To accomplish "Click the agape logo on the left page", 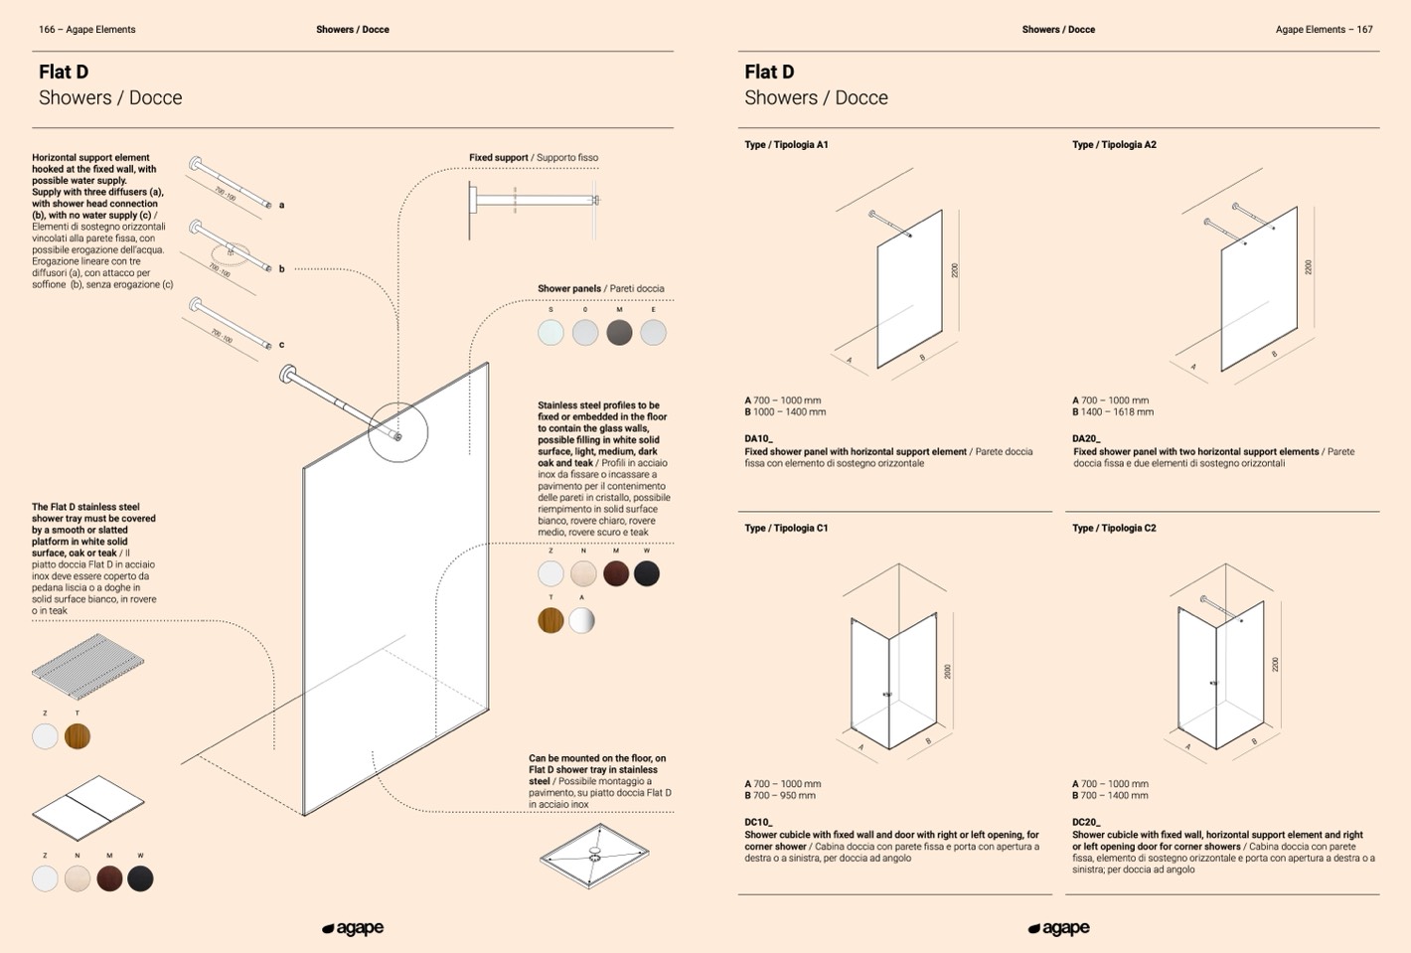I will (x=353, y=928).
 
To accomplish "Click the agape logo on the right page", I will (x=1058, y=928).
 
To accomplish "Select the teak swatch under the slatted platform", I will (x=78, y=736).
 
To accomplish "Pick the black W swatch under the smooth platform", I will (x=140, y=878).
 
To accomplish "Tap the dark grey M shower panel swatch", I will (x=619, y=333).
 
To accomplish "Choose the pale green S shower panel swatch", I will (x=550, y=333).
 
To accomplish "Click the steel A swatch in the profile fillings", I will (x=581, y=620).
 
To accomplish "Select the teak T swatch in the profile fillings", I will (x=550, y=620).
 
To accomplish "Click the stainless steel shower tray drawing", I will (x=594, y=855).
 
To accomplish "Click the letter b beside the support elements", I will (x=281, y=269).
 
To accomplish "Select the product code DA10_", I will (x=758, y=438).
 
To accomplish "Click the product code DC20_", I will (x=1086, y=822).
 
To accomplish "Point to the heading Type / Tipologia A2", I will (x=1114, y=145).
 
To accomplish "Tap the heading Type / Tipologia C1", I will (x=786, y=529).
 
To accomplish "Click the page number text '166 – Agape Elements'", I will (x=87, y=30).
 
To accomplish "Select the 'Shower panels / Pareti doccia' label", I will (x=600, y=289).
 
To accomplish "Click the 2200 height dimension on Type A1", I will (x=955, y=270).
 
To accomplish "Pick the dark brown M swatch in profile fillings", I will (x=615, y=573).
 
